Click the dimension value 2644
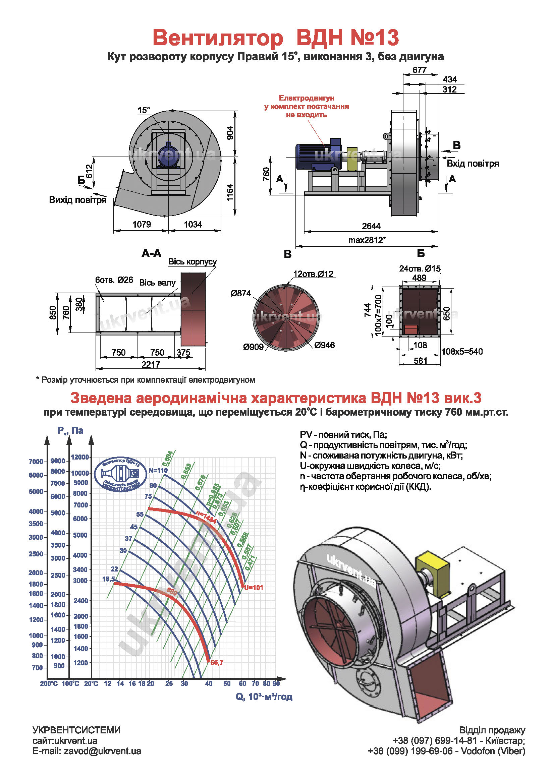[x=371, y=226]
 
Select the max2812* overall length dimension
[x=367, y=240]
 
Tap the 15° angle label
[x=144, y=110]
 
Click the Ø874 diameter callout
[x=241, y=293]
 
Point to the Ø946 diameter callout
[x=325, y=345]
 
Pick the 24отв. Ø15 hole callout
[x=420, y=268]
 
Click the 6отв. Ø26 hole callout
[x=114, y=280]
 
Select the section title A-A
[x=151, y=253]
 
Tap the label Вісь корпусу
[x=192, y=261]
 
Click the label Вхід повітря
[x=473, y=163]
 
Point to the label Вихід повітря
[x=78, y=200]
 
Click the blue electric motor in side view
[x=318, y=155]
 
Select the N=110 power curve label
[x=158, y=470]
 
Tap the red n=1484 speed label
[x=206, y=517]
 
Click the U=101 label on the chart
[x=254, y=587]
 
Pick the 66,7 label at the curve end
[x=217, y=662]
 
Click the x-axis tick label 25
[x=169, y=683]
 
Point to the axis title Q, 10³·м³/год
[x=264, y=697]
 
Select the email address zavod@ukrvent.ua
[x=103, y=751]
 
